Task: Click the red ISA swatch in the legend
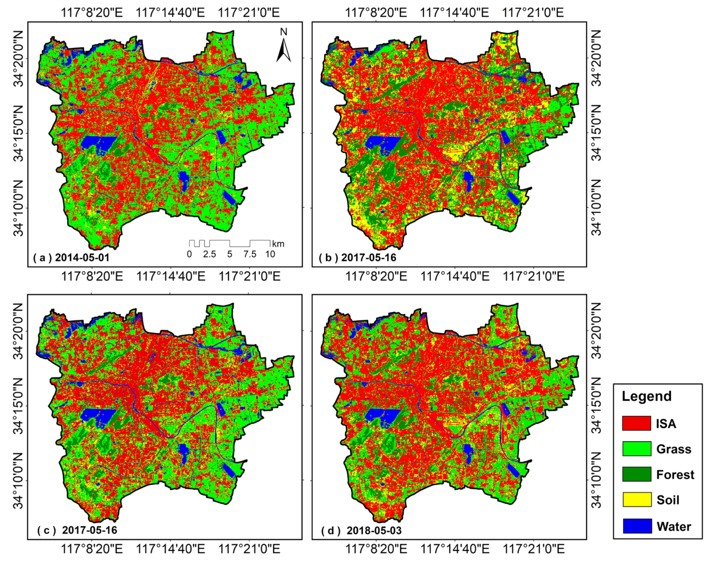click(636, 424)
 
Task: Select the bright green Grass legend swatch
click(637, 449)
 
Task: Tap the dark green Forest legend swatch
click(637, 474)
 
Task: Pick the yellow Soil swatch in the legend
click(637, 499)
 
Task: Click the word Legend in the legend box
click(647, 396)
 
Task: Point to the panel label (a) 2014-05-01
click(71, 257)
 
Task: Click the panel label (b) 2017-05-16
click(357, 257)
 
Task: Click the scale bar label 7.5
click(250, 254)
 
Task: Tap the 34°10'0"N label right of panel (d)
click(596, 480)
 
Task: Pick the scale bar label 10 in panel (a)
click(270, 254)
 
